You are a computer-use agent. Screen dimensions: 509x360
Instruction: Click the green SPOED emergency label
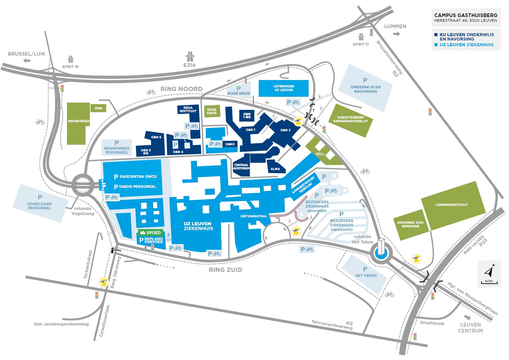150,232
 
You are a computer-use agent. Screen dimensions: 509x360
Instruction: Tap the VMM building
98,108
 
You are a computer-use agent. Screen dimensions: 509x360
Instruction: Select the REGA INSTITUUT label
188,109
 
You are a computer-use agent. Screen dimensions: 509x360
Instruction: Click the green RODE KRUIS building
212,111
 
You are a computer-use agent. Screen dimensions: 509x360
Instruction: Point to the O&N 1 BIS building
247,116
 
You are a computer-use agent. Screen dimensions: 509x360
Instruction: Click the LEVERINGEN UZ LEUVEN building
283,88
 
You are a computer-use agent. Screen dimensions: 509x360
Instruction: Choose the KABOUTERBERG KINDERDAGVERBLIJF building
351,120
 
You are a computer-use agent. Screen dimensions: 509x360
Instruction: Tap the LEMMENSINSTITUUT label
451,205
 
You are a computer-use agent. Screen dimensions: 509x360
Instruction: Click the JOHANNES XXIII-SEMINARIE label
410,224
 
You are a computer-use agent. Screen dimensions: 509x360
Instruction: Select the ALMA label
275,169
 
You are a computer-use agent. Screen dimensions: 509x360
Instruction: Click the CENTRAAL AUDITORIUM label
241,166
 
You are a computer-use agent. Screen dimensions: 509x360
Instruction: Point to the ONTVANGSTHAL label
254,216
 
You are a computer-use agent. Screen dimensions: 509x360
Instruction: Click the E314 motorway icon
190,56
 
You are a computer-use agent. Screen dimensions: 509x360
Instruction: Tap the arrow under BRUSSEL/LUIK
27,61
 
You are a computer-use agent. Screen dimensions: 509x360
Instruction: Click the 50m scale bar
489,283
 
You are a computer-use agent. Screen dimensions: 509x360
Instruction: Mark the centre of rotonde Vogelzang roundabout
83,185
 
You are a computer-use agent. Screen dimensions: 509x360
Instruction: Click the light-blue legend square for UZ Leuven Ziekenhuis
436,45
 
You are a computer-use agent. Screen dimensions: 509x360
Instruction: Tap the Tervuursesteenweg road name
332,325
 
